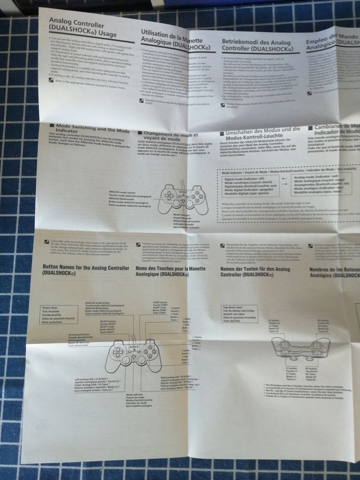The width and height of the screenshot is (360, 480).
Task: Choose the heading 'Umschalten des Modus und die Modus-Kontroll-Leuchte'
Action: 259,136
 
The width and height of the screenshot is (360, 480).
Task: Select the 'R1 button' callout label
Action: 322,371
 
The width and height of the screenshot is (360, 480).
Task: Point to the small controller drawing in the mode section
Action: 183,198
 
